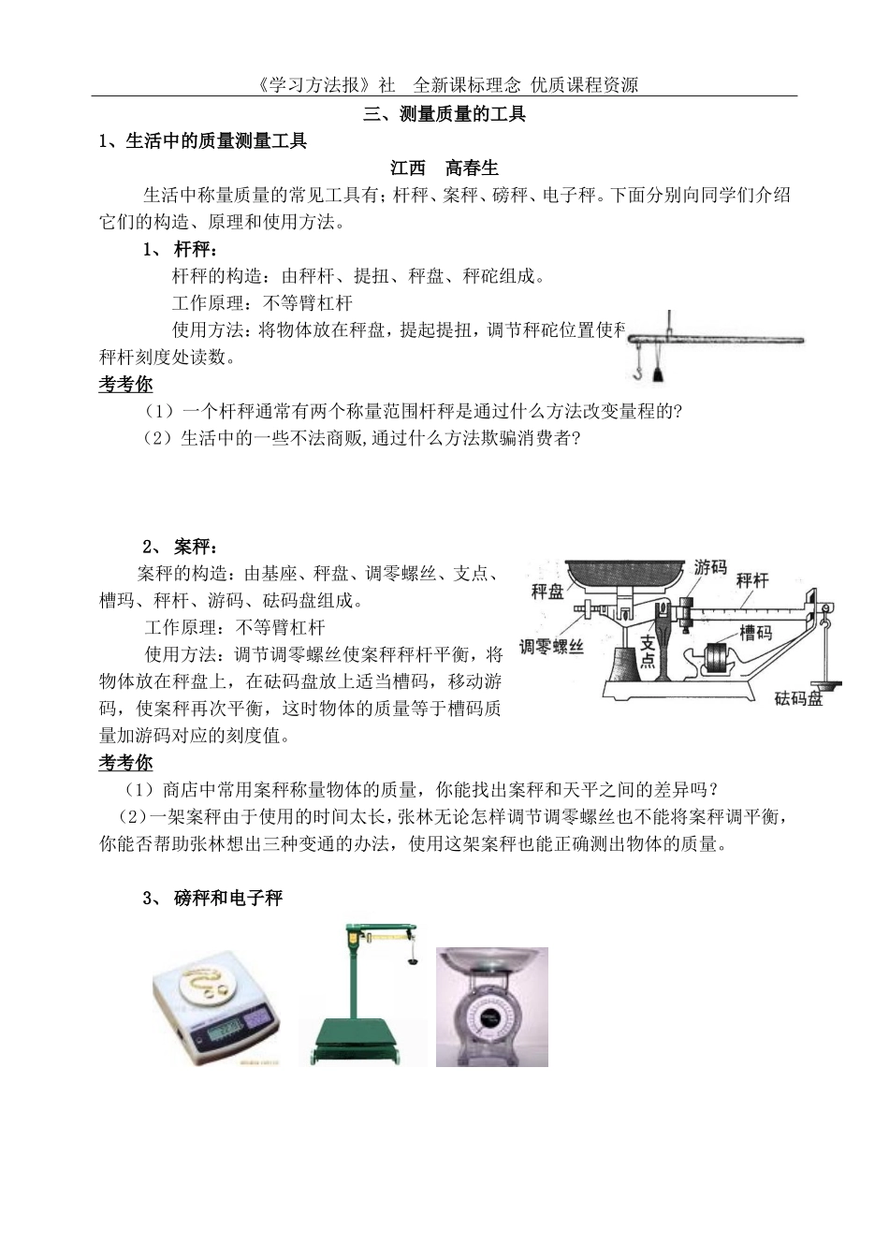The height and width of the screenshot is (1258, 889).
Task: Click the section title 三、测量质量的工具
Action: click(x=444, y=114)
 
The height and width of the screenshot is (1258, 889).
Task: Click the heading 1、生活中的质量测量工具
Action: click(x=203, y=141)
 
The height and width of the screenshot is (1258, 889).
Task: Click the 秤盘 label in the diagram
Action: click(x=547, y=591)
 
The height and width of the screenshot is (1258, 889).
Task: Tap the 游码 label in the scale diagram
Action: click(x=710, y=567)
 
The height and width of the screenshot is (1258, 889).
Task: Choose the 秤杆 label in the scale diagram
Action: click(x=751, y=580)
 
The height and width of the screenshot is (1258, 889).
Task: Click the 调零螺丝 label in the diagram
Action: click(x=552, y=646)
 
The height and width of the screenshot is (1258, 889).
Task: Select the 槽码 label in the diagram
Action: click(x=755, y=633)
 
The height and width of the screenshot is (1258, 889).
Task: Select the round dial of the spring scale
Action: click(x=490, y=1020)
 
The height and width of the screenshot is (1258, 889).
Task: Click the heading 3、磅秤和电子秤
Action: click(x=227, y=899)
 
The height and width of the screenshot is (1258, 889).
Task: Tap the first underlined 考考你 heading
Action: click(x=125, y=384)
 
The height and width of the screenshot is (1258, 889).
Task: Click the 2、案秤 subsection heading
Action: click(x=182, y=547)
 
